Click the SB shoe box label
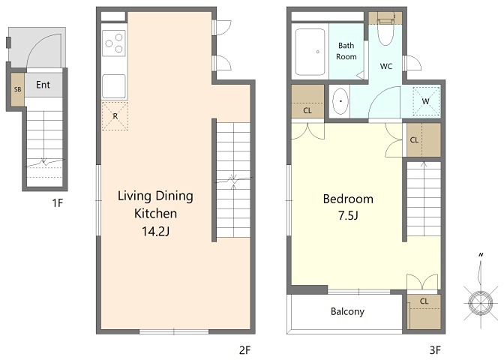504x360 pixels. coord(18,89)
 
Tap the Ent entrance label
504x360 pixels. coord(43,85)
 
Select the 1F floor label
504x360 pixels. coord(57,203)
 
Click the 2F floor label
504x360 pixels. coord(245,350)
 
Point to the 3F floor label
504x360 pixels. coord(435,350)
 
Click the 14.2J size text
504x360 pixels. coord(155,231)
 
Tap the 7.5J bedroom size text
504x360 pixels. coord(348,215)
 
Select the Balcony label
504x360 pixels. coord(347,311)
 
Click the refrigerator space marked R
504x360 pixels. coord(115,116)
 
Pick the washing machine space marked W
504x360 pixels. coord(426,101)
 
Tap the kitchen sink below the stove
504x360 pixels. coord(114,86)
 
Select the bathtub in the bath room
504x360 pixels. coord(310,52)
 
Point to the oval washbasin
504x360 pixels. coord(340,101)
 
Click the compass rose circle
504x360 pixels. coord(481,303)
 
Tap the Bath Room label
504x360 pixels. coord(346,51)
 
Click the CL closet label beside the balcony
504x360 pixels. coord(424,301)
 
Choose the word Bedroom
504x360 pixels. coord(348,199)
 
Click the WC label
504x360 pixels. coord(386,66)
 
